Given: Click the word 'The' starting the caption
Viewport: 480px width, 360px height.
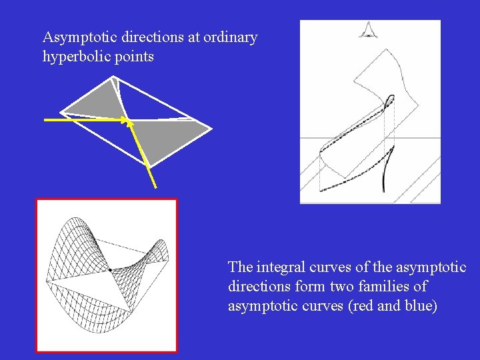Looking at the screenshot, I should (240, 267).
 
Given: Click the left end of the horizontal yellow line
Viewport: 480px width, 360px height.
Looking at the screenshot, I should (46, 120).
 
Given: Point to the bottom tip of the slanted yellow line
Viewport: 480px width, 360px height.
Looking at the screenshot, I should (155, 187).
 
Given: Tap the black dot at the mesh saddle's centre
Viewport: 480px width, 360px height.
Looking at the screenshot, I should (109, 270).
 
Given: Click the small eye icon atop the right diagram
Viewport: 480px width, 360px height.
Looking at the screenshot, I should (367, 29).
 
